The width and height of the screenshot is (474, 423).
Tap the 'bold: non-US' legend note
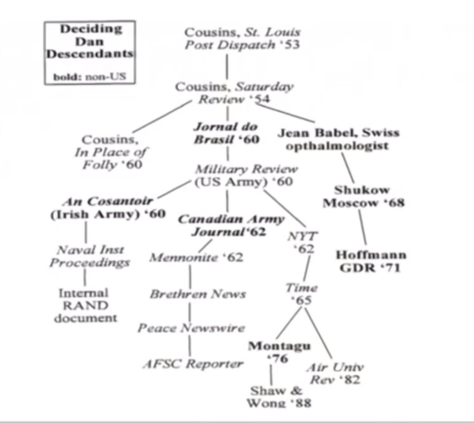[x=90, y=76]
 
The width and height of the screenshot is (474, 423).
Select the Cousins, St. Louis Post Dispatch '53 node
[x=242, y=38]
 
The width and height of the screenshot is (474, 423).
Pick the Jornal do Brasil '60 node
[x=226, y=133]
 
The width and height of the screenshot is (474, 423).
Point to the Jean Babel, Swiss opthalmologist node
[x=338, y=139]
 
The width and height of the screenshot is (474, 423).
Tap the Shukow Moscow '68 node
[x=363, y=196]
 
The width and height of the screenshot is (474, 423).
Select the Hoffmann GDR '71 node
[x=371, y=261]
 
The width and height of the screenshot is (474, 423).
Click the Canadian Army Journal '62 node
[x=231, y=225]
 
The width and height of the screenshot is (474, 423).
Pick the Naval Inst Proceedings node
[x=90, y=256]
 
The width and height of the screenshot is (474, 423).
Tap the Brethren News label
[x=197, y=294]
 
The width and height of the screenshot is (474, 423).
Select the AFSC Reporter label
[x=193, y=364]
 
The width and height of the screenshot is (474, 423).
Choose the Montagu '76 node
[x=278, y=352]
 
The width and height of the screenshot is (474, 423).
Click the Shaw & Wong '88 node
[x=278, y=397]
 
